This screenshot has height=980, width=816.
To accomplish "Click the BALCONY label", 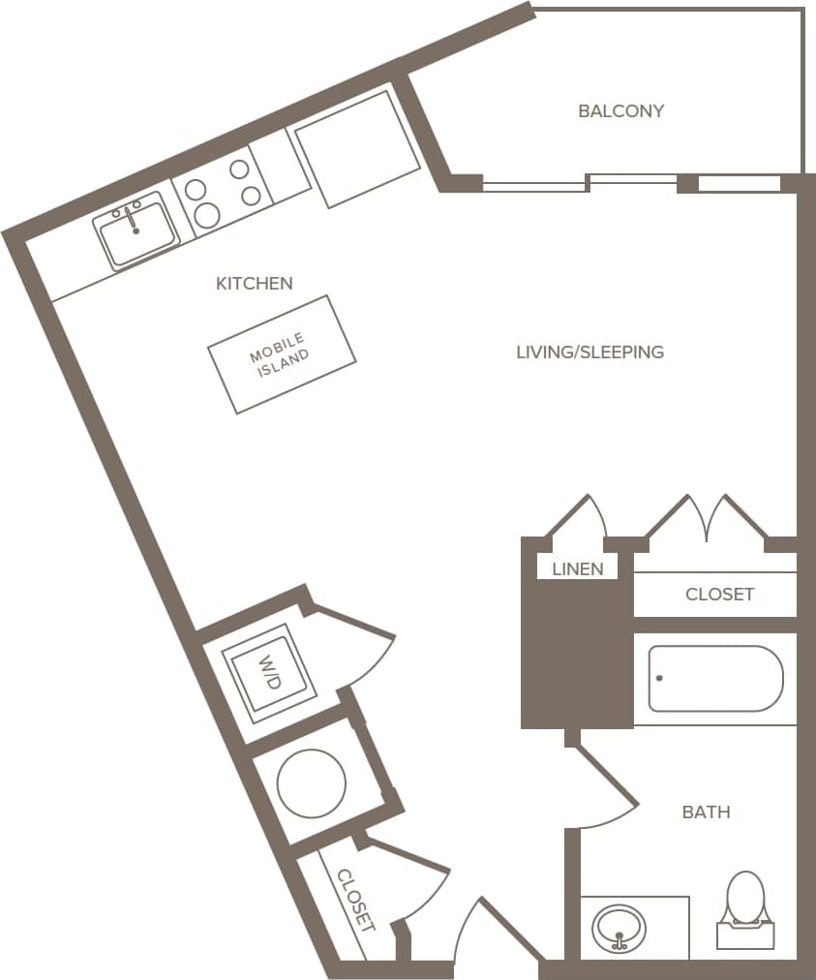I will pyautogui.click(x=620, y=111).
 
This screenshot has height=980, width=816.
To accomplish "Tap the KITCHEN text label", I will pyautogui.click(x=254, y=284).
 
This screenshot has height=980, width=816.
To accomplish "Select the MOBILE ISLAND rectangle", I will pyautogui.click(x=282, y=353).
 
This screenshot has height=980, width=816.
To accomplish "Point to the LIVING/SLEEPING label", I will pyautogui.click(x=589, y=352).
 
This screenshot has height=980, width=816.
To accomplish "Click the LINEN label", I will pyautogui.click(x=577, y=569).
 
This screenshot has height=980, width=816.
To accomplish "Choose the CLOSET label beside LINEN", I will pyautogui.click(x=719, y=595).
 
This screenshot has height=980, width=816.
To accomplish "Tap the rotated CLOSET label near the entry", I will pyautogui.click(x=354, y=900).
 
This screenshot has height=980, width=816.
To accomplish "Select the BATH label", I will pyautogui.click(x=706, y=812).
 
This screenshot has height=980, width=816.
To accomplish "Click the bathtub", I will pyautogui.click(x=715, y=679).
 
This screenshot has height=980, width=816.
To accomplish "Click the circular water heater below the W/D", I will pyautogui.click(x=312, y=781).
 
